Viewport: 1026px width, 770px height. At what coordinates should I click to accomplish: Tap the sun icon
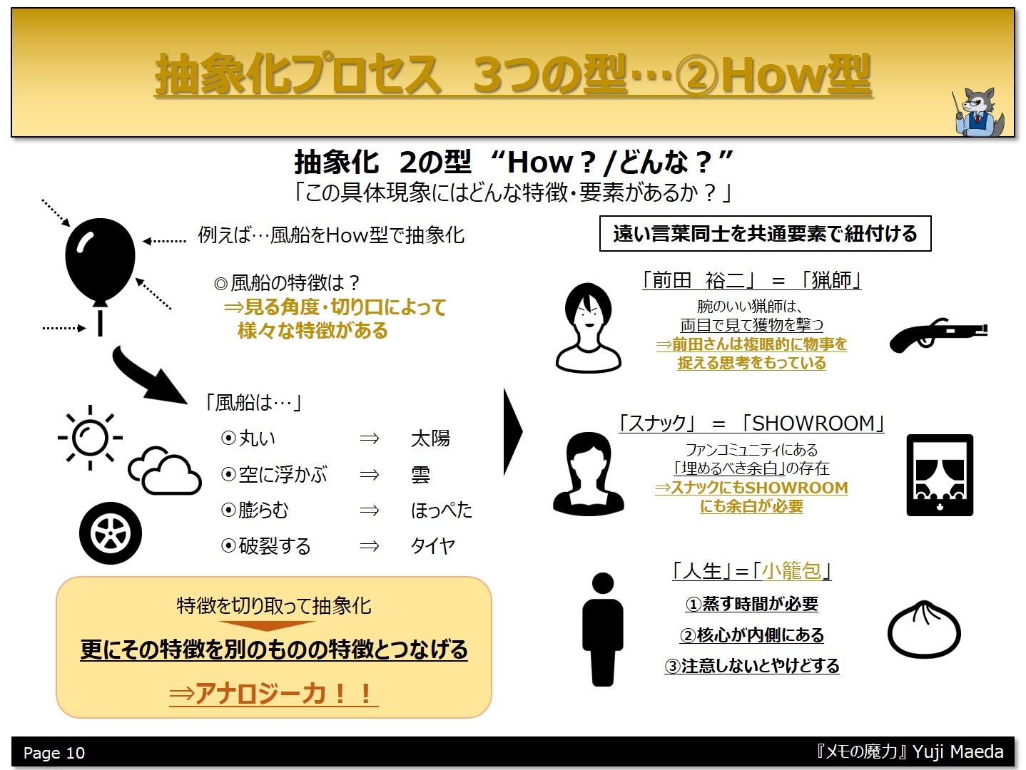(x=90, y=438)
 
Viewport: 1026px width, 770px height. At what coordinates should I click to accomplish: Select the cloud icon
(x=165, y=471)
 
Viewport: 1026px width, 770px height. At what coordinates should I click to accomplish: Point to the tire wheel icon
(x=111, y=533)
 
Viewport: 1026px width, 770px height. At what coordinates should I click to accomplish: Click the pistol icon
(x=938, y=335)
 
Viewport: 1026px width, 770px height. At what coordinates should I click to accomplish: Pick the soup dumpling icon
(x=924, y=630)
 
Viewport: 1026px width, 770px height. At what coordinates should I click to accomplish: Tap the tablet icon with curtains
(x=940, y=475)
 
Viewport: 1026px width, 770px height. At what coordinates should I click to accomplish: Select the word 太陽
(x=430, y=438)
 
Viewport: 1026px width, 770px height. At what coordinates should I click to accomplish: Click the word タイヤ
(x=433, y=545)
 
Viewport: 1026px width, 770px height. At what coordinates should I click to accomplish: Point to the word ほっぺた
(x=441, y=510)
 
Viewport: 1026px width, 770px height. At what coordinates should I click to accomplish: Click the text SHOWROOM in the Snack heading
(x=813, y=423)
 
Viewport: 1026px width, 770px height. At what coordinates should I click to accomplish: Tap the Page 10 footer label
(x=54, y=753)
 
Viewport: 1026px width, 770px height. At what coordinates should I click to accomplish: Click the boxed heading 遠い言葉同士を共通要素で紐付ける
(x=765, y=233)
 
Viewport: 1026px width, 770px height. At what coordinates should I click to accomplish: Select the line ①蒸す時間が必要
(x=751, y=604)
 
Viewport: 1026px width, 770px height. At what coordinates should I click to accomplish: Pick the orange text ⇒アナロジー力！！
(x=273, y=694)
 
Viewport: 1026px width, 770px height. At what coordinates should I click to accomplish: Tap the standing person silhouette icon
(x=602, y=629)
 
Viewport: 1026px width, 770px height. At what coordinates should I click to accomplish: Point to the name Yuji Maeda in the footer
(x=958, y=751)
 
